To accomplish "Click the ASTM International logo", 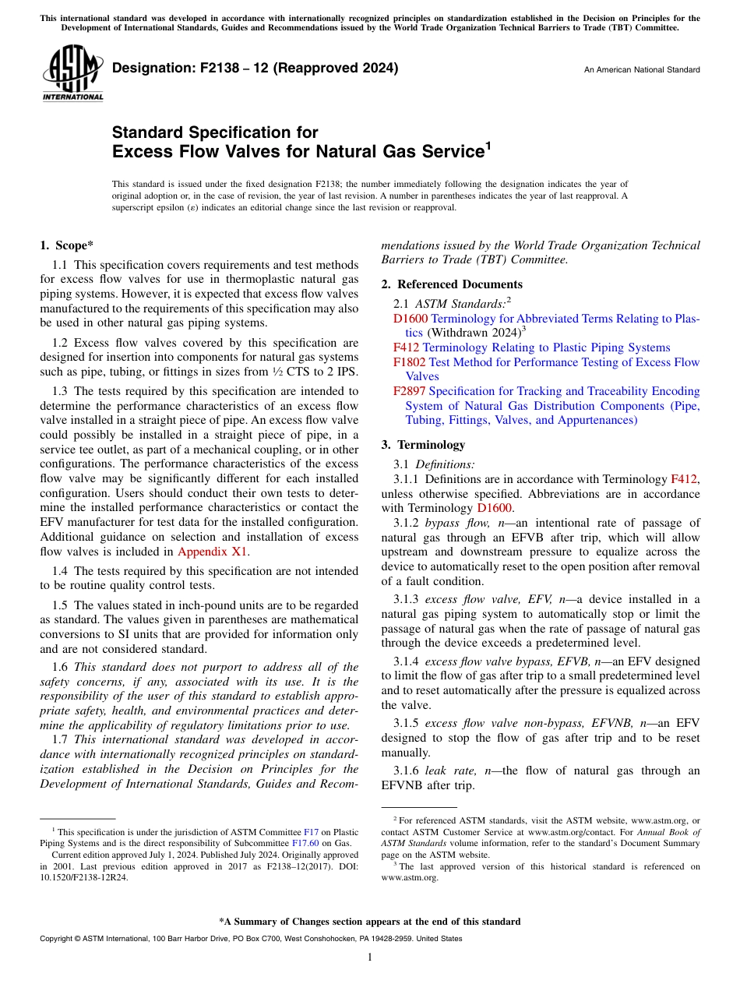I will (x=72, y=75).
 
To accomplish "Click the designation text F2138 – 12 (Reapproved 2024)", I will (x=255, y=68).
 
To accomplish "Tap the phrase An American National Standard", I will (x=642, y=70).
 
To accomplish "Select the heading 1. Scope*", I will (x=66, y=245).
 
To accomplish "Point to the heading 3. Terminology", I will (x=423, y=445).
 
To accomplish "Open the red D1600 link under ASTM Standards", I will (x=410, y=319).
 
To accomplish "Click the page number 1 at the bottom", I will (x=370, y=957).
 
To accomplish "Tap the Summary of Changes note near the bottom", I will (x=370, y=922).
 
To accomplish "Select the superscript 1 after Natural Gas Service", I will (x=488, y=145).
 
